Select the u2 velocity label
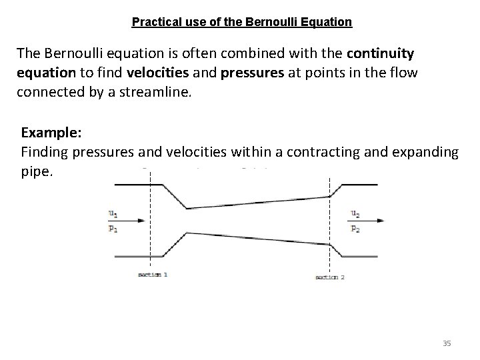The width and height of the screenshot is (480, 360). point(355,214)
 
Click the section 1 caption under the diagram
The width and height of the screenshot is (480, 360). point(153,275)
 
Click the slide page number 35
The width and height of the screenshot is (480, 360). point(447,343)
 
